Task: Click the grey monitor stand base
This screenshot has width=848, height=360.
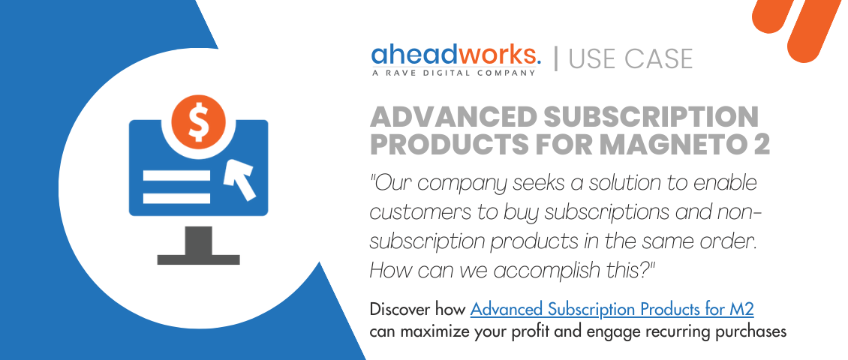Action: tap(198, 259)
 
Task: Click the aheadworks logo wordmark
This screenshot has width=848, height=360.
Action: tap(456, 55)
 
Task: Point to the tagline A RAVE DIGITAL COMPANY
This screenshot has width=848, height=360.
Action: tap(455, 73)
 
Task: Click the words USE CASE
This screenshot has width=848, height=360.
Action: tap(630, 58)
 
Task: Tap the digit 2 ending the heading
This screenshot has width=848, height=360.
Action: tap(762, 144)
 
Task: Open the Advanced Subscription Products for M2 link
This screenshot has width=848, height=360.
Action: tap(617, 309)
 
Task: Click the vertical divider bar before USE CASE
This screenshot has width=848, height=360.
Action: tap(556, 58)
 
